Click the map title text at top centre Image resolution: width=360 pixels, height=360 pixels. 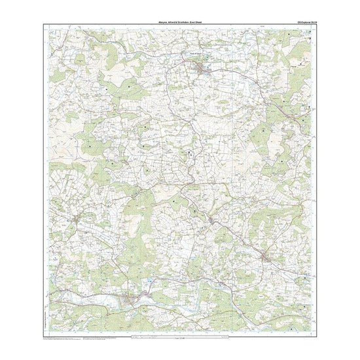[x=180, y=21]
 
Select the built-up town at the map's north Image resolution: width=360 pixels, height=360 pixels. [x=201, y=67]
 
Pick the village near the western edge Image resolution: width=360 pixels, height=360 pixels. [x=79, y=219]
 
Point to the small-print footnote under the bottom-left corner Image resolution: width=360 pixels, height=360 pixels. [x=65, y=339]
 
